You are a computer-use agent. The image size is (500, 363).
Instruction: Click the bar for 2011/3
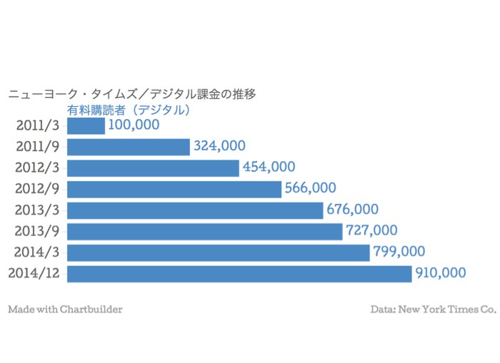(86, 126)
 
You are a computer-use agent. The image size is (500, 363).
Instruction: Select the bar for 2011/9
(129, 147)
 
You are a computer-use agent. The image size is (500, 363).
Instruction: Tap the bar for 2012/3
(153, 168)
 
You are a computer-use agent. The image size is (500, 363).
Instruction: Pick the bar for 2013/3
(195, 210)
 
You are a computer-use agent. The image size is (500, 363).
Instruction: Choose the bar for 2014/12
(239, 273)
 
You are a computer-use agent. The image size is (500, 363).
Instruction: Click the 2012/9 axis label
(38, 189)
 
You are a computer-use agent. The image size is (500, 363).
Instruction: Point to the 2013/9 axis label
(38, 231)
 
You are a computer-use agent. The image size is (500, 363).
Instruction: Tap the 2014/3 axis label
(38, 252)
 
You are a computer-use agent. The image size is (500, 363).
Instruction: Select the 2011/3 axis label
(38, 126)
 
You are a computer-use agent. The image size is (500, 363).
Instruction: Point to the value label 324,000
(219, 146)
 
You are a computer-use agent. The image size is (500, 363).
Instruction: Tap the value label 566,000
(310, 188)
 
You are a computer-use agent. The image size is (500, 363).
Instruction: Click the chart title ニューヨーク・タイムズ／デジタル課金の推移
(131, 93)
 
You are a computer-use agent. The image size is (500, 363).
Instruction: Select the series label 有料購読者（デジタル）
(129, 110)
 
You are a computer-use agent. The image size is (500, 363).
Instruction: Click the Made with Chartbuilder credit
(65, 310)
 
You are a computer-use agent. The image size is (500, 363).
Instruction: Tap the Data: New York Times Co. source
(433, 310)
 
